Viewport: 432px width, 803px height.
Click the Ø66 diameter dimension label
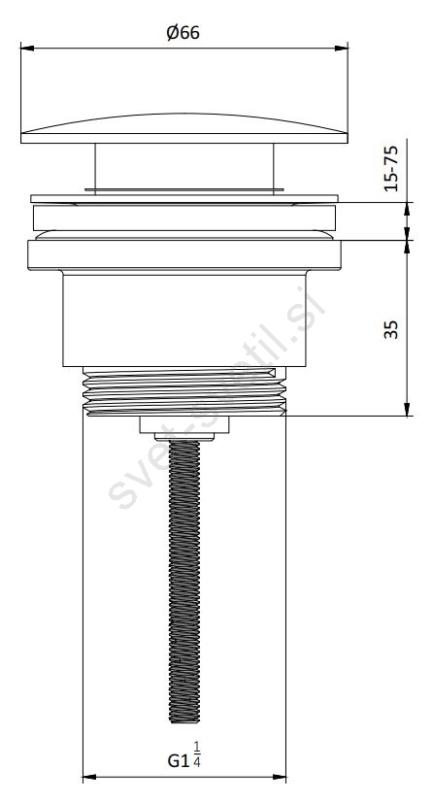183,33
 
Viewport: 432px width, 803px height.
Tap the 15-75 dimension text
391,169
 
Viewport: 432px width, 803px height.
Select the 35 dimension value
391,329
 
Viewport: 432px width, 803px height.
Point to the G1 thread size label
179,761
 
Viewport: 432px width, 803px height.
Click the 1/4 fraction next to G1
197,753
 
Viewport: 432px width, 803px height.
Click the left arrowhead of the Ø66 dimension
27,49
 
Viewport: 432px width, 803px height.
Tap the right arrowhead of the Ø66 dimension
342,49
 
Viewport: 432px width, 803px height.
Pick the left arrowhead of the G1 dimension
89,778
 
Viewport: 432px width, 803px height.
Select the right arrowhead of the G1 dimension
280,778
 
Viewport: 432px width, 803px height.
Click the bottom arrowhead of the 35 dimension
407,409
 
